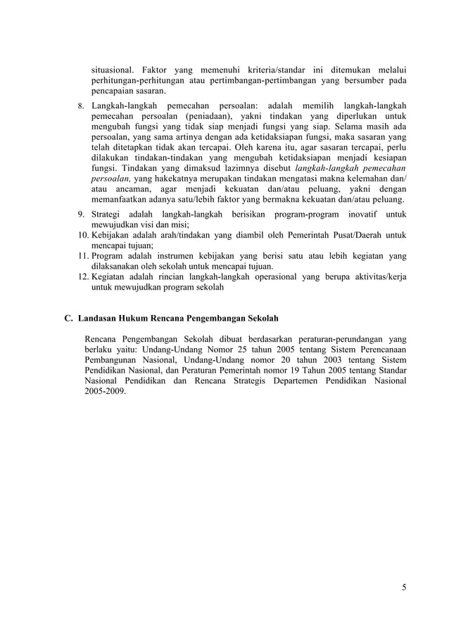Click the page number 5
[x=404, y=588]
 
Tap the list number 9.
[x=81, y=214]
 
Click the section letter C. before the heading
[x=68, y=317]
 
